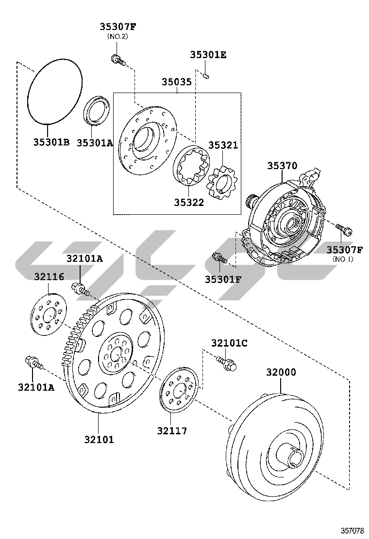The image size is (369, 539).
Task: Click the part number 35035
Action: tap(176, 83)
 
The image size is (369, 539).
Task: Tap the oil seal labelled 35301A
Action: tap(98, 111)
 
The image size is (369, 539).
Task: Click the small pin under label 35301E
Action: tap(206, 75)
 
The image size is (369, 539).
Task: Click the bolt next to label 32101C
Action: tap(227, 363)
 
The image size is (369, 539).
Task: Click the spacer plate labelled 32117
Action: tap(179, 391)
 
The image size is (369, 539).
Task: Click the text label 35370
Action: tap(282, 166)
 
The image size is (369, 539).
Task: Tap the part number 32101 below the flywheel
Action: tap(99, 439)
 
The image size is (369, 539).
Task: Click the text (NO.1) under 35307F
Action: tap(343, 259)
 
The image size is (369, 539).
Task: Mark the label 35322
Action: tap(189, 203)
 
